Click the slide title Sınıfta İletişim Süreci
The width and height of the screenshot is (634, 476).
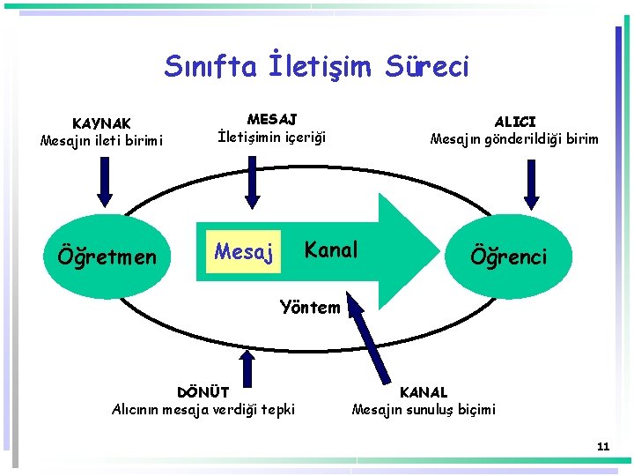point(317,66)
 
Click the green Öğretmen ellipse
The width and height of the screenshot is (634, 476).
point(106,257)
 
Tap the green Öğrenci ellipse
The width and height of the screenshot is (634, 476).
point(508,256)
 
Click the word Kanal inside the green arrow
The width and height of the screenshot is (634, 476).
point(331,249)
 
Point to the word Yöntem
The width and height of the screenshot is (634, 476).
point(309,308)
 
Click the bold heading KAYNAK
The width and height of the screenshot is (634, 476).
point(101,123)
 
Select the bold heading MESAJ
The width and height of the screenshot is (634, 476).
point(271,119)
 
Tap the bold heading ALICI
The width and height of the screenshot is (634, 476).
point(514,121)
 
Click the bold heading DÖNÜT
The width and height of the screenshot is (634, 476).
point(203,392)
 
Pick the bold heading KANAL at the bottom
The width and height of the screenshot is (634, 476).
point(424,392)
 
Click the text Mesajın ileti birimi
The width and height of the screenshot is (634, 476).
point(101,140)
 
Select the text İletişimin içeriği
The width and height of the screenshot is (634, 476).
point(271,137)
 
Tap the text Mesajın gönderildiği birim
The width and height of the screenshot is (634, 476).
point(514,138)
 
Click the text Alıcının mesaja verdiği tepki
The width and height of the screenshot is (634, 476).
point(203,409)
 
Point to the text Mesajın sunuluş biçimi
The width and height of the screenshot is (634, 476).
point(424,409)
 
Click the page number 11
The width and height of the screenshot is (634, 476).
point(602,447)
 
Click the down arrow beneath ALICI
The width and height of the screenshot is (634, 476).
point(531,186)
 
